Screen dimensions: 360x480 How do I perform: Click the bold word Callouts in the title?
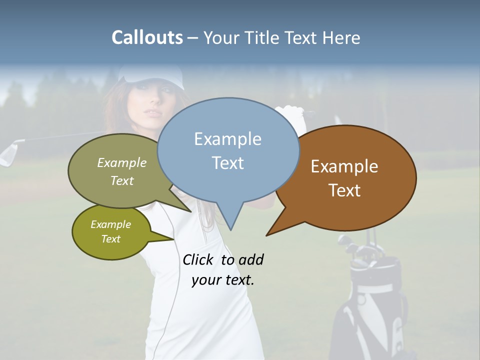pos(147,37)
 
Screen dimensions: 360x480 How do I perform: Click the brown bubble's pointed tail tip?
pos(267,234)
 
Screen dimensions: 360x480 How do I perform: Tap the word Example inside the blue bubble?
pos(227,139)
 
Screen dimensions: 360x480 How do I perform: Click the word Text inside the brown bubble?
pos(344,190)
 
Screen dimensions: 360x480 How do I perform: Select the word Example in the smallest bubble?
pos(110,225)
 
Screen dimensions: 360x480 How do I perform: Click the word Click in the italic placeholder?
pos(198,259)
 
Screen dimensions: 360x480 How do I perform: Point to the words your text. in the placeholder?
pos(223,280)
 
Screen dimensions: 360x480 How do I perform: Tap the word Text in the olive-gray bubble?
pos(122,180)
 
